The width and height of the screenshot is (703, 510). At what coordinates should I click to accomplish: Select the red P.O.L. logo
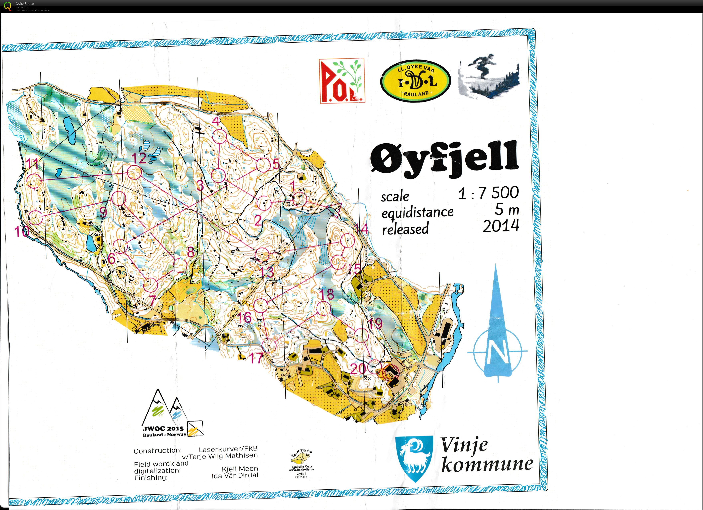[x=342, y=81]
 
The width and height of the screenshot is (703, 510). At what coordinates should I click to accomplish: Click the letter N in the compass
[x=497, y=352]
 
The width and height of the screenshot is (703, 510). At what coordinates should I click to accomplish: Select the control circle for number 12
[x=134, y=172]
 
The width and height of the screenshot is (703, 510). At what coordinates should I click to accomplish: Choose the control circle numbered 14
[x=347, y=241]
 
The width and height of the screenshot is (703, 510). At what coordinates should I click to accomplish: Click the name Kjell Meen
[x=240, y=469]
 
